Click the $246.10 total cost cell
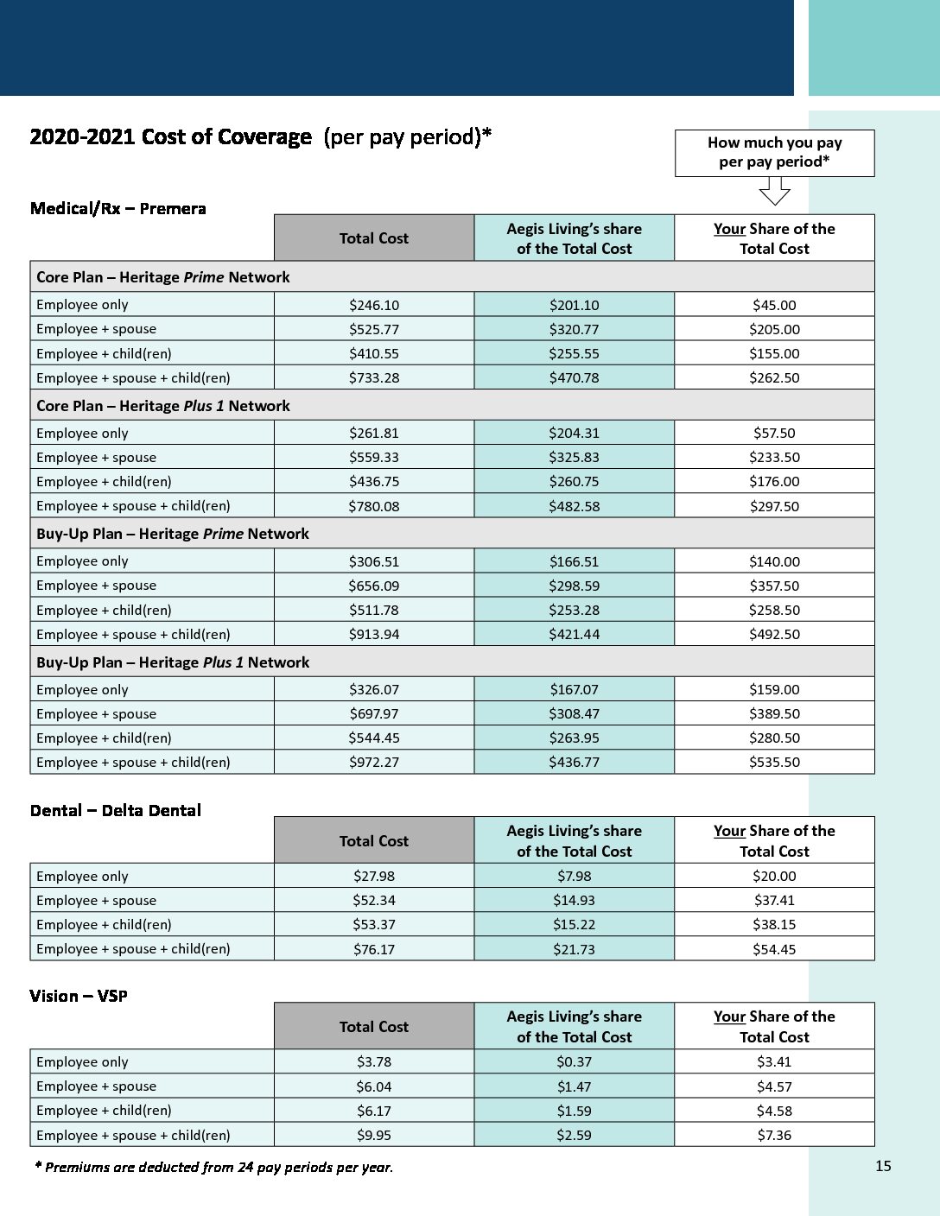point(374,305)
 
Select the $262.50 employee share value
point(774,377)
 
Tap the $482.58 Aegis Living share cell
point(574,506)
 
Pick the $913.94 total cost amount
point(374,634)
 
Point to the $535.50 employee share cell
point(774,762)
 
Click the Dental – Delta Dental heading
point(115,810)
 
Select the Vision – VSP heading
point(79,996)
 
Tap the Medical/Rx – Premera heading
point(117,208)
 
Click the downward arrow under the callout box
point(774,191)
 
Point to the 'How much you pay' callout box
point(774,153)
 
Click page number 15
point(883,1166)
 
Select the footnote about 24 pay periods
point(213,1167)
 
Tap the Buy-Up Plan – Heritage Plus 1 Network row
point(173,662)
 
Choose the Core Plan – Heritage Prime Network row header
point(163,277)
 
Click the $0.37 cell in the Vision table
point(574,1061)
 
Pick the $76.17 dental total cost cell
point(374,949)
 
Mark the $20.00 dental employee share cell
point(774,876)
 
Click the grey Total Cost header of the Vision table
point(374,1026)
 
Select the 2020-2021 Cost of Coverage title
point(260,137)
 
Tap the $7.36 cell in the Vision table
point(774,1135)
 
